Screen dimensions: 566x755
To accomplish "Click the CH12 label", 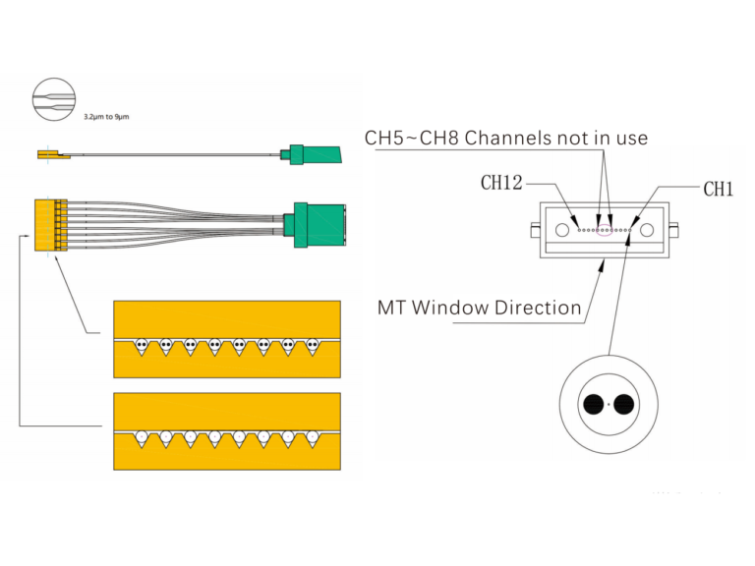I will click(501, 183).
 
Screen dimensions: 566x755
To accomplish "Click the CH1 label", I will click(718, 189).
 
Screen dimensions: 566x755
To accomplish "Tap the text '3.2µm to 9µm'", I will click(106, 117).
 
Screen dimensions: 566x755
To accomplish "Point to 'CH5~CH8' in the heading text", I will click(411, 138).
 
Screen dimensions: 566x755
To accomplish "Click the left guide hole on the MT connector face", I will click(561, 230).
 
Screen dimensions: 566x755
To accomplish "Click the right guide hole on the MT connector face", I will click(647, 230).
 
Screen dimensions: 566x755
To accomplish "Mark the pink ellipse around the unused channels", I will click(605, 232).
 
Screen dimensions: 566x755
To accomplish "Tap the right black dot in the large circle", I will click(624, 404).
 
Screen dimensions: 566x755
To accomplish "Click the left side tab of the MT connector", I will click(534, 231).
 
